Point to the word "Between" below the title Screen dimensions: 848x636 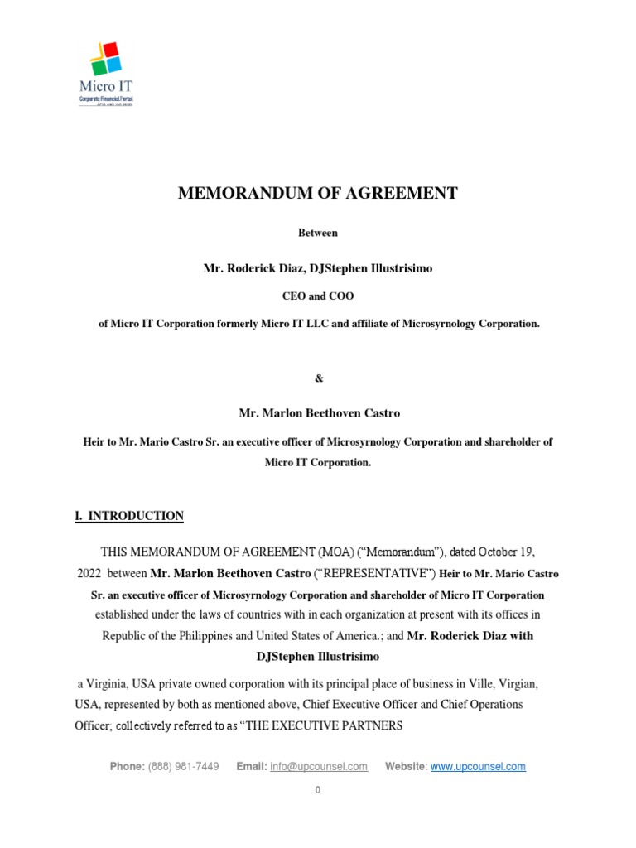point(318,234)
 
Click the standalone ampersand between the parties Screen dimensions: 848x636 point(318,378)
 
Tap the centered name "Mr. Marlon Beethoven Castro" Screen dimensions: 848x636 point(318,412)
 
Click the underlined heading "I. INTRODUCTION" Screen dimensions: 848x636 point(129,516)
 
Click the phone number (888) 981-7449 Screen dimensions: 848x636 point(183,767)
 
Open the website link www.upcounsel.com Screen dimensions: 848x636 point(478,767)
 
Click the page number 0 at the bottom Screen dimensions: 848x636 point(317,790)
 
